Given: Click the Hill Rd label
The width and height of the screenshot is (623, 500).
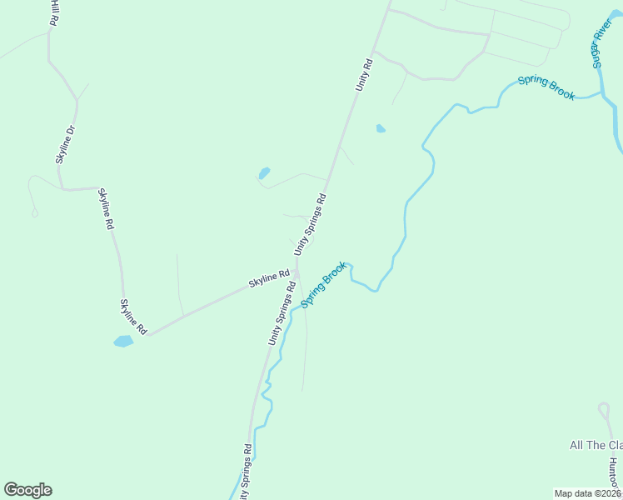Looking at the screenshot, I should (x=54, y=13).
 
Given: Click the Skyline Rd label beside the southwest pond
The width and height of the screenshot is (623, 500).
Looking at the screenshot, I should (x=133, y=317).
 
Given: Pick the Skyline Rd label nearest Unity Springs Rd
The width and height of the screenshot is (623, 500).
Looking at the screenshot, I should (x=268, y=279).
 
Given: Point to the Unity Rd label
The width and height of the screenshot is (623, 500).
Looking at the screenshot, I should (x=363, y=74).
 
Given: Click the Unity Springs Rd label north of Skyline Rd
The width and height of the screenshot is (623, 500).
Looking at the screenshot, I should (x=310, y=223).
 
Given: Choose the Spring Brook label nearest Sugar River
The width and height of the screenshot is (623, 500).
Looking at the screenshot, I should (x=546, y=87).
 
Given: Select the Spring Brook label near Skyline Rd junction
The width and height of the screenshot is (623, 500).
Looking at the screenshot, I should (x=323, y=284).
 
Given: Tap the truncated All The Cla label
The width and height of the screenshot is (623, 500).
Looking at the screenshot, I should (x=596, y=445).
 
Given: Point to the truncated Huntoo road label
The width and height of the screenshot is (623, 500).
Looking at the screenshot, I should (x=614, y=476).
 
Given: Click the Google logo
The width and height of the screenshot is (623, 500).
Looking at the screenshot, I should (x=27, y=490).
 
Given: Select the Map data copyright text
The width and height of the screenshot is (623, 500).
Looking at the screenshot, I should (x=587, y=493).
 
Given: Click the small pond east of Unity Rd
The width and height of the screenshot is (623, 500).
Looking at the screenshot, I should (x=381, y=128).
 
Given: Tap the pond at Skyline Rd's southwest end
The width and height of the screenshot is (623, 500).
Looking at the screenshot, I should (x=122, y=341).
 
